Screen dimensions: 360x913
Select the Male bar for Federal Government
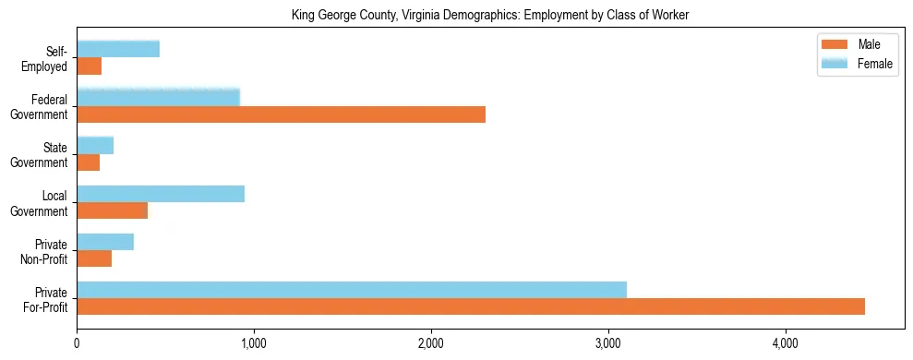[x=281, y=114]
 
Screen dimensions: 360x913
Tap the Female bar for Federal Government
[x=158, y=97]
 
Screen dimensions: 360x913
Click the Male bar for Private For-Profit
[x=471, y=306]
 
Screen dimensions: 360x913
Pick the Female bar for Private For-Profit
[x=352, y=289]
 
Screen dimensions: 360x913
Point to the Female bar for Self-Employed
[x=118, y=49]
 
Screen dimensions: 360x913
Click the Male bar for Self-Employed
[x=90, y=66]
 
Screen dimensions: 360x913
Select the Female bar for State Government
[x=95, y=145]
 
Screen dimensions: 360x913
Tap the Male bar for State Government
[x=89, y=162]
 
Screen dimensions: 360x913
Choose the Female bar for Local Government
[x=161, y=193]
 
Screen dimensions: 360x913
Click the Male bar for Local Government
[x=113, y=210]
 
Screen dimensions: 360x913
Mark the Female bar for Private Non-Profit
[x=105, y=242]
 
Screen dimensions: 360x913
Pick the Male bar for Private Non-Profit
[x=94, y=258]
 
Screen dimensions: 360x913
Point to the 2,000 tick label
[x=431, y=344]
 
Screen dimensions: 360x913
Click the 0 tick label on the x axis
[x=77, y=344]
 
